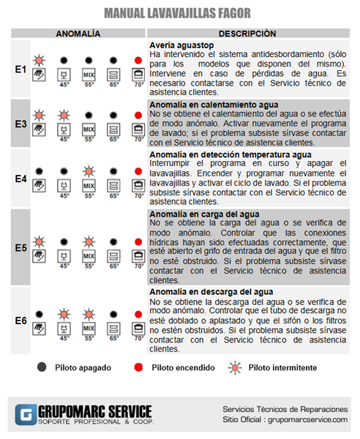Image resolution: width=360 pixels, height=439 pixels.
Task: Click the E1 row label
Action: [x=20, y=70]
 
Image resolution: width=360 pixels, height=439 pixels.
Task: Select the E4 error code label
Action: [x=20, y=179]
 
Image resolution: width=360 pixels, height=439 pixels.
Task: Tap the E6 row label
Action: [x=20, y=320]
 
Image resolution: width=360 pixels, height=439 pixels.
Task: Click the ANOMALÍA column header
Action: [x=78, y=34]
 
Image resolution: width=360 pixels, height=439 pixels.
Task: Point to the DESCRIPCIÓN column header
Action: [x=247, y=34]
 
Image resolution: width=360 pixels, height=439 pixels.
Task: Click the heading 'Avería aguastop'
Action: [x=181, y=45]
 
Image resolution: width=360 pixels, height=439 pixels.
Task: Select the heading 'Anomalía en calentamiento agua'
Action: [x=214, y=105]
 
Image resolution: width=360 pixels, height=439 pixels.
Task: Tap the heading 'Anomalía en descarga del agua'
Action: [x=211, y=292]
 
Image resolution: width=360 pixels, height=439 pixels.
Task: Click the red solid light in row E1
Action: [x=138, y=60]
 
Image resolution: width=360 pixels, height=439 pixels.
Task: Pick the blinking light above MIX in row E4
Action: [x=89, y=171]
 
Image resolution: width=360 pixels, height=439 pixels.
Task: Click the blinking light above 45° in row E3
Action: [x=64, y=115]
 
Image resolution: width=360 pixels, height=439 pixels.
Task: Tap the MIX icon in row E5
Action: [x=89, y=256]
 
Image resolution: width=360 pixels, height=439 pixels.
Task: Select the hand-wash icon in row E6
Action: [x=39, y=329]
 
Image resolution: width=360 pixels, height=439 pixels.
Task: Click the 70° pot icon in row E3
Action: [x=138, y=130]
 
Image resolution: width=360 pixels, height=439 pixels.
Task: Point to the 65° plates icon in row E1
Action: [x=113, y=75]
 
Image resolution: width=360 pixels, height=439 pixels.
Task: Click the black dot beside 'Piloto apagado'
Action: [x=42, y=367]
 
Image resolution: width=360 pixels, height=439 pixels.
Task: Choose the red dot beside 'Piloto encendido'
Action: [x=138, y=367]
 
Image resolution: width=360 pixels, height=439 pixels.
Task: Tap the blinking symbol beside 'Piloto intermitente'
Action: [x=235, y=367]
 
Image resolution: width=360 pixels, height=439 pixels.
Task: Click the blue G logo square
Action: [x=26, y=415]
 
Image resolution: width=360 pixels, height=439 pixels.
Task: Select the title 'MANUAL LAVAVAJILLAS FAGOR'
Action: [x=178, y=13]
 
